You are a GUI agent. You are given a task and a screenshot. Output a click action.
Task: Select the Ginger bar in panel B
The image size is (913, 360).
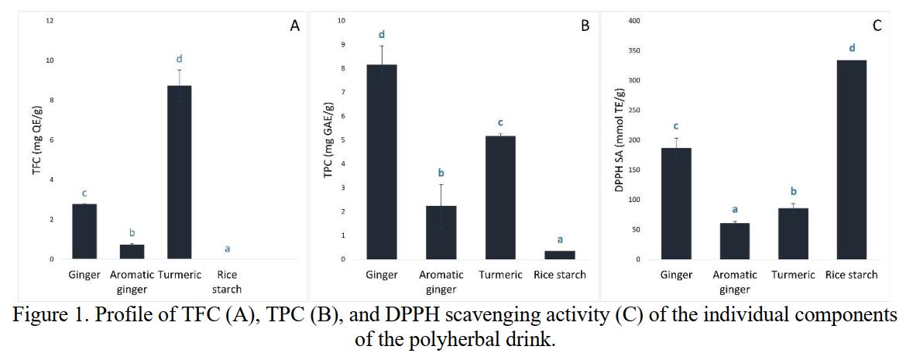tap(382, 162)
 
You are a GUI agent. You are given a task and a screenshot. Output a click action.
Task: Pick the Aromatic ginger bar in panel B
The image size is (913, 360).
tap(441, 232)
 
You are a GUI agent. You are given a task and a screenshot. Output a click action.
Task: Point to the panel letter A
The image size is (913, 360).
tap(294, 26)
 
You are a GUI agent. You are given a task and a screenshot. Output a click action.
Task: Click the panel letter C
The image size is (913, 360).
tap(877, 26)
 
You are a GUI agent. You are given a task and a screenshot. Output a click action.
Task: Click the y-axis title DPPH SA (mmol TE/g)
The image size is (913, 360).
tap(619, 140)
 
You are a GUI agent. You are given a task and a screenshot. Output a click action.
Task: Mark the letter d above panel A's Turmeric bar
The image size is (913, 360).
tap(180, 59)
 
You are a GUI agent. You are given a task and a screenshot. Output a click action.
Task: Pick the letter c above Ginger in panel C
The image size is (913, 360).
tap(675, 126)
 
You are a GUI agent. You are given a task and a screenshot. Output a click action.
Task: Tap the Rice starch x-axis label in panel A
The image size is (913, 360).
tap(228, 282)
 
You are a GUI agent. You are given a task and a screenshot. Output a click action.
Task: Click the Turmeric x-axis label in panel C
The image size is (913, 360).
tap(793, 275)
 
